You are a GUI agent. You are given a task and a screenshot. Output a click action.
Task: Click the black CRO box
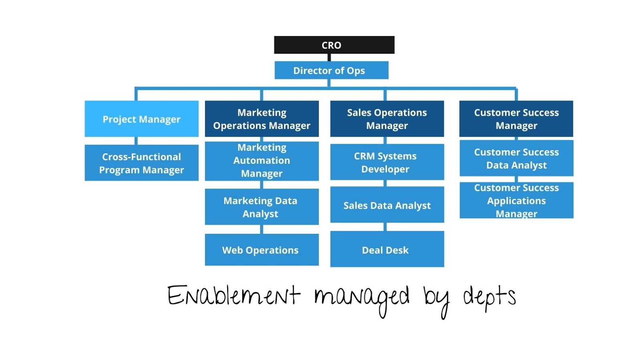coord(334,45)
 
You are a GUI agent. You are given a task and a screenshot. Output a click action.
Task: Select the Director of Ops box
coord(331,70)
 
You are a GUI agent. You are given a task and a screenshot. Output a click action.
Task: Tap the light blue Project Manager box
coord(141,119)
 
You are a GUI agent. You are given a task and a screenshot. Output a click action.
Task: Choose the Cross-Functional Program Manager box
coord(141,163)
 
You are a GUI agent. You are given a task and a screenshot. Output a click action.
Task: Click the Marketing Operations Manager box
coord(262,119)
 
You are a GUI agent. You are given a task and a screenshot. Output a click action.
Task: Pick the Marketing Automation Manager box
coord(262,161)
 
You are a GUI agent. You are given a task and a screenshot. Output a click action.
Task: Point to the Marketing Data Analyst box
coord(262,207)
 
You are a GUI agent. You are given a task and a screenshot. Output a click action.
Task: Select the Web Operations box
coord(262,250)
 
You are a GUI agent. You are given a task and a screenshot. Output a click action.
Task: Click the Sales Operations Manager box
coord(387,119)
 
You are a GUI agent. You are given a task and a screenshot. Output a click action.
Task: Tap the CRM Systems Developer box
coord(387,162)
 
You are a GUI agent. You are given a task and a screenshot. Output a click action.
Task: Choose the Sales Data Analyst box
coord(387,205)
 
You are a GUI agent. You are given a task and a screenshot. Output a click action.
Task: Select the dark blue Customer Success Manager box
coord(516,119)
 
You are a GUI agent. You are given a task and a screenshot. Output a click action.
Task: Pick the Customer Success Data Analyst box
coord(516,158)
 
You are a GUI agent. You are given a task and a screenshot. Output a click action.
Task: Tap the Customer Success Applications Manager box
coord(516,200)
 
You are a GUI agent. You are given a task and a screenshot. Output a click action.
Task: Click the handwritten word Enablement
coord(233,296)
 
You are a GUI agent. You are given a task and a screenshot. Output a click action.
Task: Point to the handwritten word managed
coord(361,298)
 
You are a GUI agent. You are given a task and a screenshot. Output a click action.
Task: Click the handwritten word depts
coord(489,298)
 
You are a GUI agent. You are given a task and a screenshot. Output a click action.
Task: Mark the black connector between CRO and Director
coord(329,57)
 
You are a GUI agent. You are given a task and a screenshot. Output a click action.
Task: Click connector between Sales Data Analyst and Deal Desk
coord(385,227)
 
